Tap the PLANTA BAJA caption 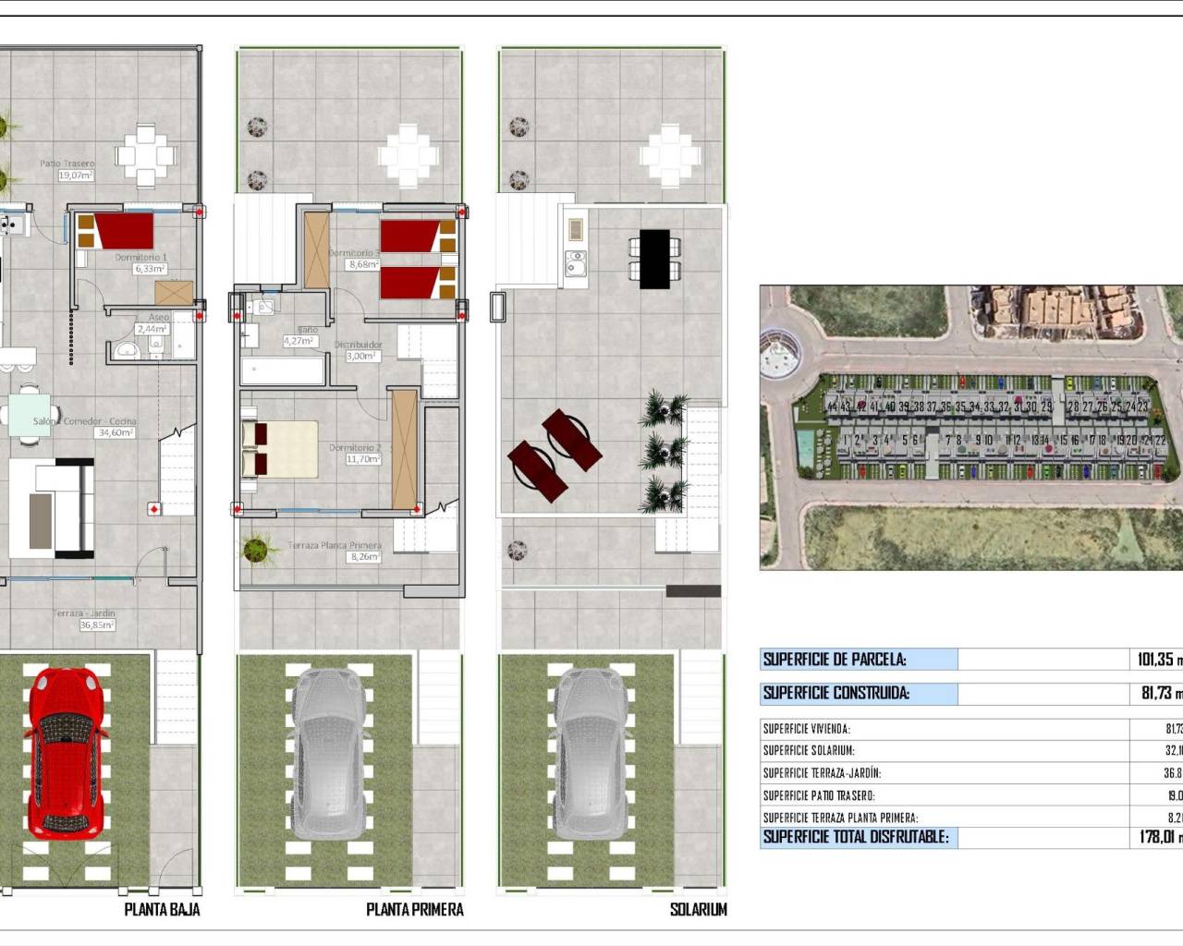click(162, 909)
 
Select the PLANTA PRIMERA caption click(414, 909)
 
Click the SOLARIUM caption click(698, 909)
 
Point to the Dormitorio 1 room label click(140, 258)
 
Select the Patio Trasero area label click(67, 164)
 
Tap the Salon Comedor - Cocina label click(84, 421)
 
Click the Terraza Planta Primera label click(334, 545)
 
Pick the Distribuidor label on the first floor click(358, 345)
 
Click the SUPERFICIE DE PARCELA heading click(834, 660)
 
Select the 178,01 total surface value click(1156, 837)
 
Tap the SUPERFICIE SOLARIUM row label click(808, 751)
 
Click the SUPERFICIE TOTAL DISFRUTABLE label click(855, 837)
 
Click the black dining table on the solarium click(654, 259)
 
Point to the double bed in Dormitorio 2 click(280, 450)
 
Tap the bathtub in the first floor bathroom click(283, 371)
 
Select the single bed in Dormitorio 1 click(116, 231)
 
